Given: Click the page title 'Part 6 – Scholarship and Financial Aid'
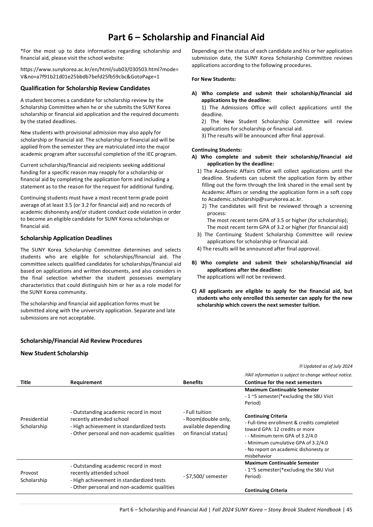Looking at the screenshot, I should [x=186, y=37].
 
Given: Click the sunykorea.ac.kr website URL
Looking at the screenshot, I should [x=100, y=73].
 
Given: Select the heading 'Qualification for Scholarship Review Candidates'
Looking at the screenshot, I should [x=85, y=88].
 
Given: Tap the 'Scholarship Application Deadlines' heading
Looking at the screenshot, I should [x=66, y=238].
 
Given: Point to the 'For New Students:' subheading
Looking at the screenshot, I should [x=213, y=79].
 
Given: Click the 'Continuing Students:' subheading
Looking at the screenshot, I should [x=217, y=150].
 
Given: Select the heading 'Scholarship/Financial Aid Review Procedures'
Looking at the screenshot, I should [x=81, y=341].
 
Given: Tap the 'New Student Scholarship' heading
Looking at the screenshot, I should [x=54, y=353].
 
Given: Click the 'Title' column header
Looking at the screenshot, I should [x=25, y=382].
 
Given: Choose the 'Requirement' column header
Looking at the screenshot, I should [x=86, y=382].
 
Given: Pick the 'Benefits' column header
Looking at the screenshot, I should [x=193, y=382].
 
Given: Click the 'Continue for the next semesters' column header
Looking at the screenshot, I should [x=283, y=382].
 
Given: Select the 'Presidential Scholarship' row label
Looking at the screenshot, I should [x=34, y=423].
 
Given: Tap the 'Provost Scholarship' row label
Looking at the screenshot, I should [x=33, y=476].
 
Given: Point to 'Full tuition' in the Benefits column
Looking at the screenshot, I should [x=197, y=412].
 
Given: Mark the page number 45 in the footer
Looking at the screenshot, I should [x=349, y=510].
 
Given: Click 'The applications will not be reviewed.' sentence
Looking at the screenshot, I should [x=241, y=277].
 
